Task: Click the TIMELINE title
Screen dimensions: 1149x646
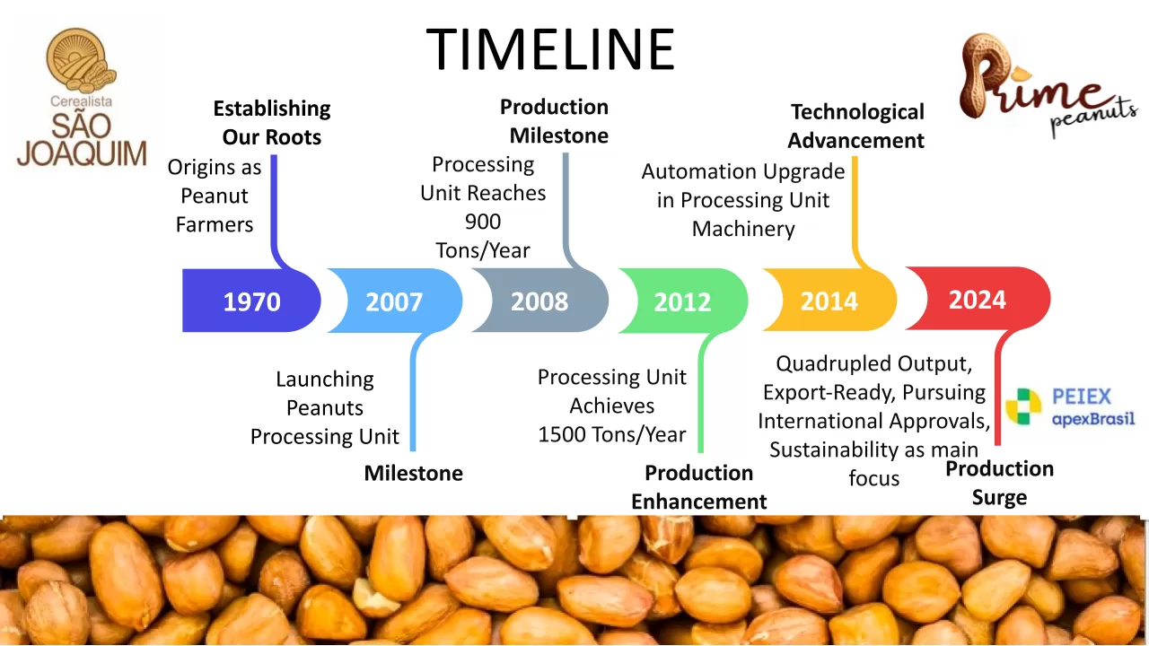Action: click(x=550, y=49)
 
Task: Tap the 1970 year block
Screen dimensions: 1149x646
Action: click(x=251, y=301)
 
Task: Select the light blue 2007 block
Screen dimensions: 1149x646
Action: click(x=395, y=301)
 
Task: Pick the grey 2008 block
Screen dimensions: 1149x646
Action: click(x=539, y=301)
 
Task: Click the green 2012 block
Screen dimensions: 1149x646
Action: click(x=683, y=301)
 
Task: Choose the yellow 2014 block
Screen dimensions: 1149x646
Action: click(x=829, y=300)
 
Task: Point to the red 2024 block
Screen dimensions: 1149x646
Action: click(x=978, y=299)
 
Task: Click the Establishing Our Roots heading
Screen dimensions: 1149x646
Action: click(x=272, y=123)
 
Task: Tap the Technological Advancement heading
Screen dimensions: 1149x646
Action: click(x=856, y=126)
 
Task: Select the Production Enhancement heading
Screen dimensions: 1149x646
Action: click(x=698, y=487)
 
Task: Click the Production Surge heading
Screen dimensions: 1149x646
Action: click(x=999, y=483)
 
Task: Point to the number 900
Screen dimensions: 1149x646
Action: click(x=483, y=222)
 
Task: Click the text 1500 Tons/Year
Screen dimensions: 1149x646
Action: click(x=612, y=435)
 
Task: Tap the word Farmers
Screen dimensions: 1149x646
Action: click(x=215, y=224)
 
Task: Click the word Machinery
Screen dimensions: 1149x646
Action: click(x=743, y=229)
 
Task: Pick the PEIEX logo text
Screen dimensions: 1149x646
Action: click(x=1082, y=397)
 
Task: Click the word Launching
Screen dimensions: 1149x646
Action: click(x=325, y=380)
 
